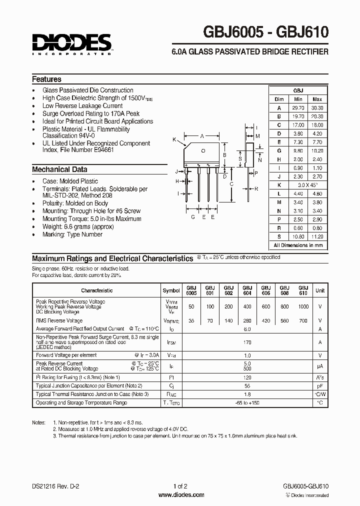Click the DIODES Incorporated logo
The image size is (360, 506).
point(71,44)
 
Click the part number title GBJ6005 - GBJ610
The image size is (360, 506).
point(265,33)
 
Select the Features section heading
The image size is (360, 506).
point(46,79)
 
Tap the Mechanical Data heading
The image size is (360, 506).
point(59,169)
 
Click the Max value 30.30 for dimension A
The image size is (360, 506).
point(317,108)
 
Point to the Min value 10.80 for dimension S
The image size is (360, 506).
point(298,236)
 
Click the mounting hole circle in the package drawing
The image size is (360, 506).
point(203,150)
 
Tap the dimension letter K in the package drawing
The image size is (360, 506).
point(174,139)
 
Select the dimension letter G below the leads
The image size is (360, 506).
point(193,217)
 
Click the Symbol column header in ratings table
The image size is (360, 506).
point(171,290)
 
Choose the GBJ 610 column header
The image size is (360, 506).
point(303,290)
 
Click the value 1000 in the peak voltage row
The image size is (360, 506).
point(303,306)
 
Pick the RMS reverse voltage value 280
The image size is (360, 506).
point(247,320)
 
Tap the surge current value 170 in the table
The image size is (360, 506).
point(246,342)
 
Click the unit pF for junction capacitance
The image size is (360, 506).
point(320,386)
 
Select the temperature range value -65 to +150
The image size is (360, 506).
point(246,402)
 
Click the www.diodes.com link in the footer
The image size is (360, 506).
point(181,495)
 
